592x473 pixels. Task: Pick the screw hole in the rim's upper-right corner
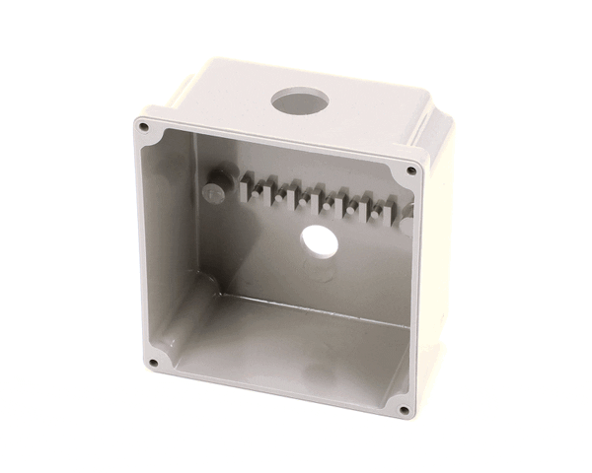411,170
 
